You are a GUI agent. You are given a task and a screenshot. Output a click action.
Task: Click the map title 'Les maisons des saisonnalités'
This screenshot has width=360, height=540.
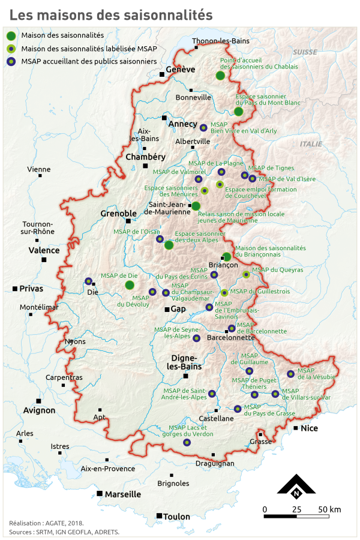(x=111, y=14)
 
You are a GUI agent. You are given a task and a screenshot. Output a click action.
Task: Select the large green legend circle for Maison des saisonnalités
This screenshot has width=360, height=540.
(x=11, y=36)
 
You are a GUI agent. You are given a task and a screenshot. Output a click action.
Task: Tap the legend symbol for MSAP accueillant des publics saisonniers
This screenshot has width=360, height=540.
(x=11, y=61)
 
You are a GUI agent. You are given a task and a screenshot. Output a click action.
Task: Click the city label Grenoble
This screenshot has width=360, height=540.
(x=118, y=213)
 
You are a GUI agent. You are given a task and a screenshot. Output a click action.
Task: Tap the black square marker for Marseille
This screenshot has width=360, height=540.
(x=99, y=493)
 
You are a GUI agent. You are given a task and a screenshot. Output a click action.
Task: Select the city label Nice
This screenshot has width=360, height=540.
(x=310, y=428)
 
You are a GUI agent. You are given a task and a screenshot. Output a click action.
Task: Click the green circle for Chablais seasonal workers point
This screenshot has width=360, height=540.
(x=220, y=75)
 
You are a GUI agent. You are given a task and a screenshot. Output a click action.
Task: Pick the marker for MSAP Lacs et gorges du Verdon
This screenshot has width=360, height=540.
(x=187, y=442)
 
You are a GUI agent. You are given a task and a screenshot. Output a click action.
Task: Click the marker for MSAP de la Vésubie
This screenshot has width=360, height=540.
(x=290, y=374)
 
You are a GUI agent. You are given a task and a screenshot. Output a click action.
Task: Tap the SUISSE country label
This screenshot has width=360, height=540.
(x=305, y=52)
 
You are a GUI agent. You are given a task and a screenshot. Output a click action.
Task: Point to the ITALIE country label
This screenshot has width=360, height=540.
(x=311, y=144)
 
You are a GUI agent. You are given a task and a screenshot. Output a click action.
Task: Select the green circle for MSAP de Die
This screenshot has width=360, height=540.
(x=130, y=284)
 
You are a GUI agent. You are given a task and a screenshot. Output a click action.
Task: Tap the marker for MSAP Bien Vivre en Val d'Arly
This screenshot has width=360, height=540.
(x=203, y=127)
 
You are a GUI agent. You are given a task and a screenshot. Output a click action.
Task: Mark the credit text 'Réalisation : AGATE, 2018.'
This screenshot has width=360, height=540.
(x=46, y=523)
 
